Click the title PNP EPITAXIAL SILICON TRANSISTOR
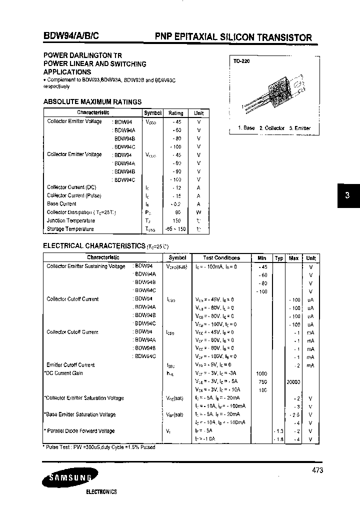(233, 37)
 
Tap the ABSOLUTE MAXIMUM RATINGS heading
(92, 102)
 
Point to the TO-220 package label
(241, 62)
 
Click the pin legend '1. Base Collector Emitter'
(274, 128)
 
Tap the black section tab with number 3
(346, 196)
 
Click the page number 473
(317, 470)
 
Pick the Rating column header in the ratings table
(175, 113)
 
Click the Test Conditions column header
(221, 258)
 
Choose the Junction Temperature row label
(71, 220)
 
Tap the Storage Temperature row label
(70, 229)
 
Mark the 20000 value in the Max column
(293, 381)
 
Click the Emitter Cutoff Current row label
(70, 365)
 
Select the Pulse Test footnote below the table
(100, 447)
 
